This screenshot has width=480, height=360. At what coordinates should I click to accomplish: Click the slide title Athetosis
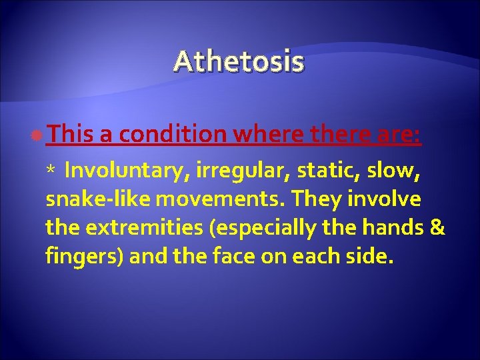pos(239,62)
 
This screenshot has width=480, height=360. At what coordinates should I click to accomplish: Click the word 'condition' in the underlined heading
pos(173,136)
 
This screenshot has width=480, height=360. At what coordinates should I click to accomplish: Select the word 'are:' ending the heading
pos(397,136)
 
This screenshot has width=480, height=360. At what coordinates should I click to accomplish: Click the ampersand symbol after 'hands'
pos(437,227)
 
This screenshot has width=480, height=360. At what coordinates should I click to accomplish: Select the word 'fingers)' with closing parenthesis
pos(85,257)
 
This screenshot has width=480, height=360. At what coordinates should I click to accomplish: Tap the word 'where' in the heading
pos(270,136)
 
